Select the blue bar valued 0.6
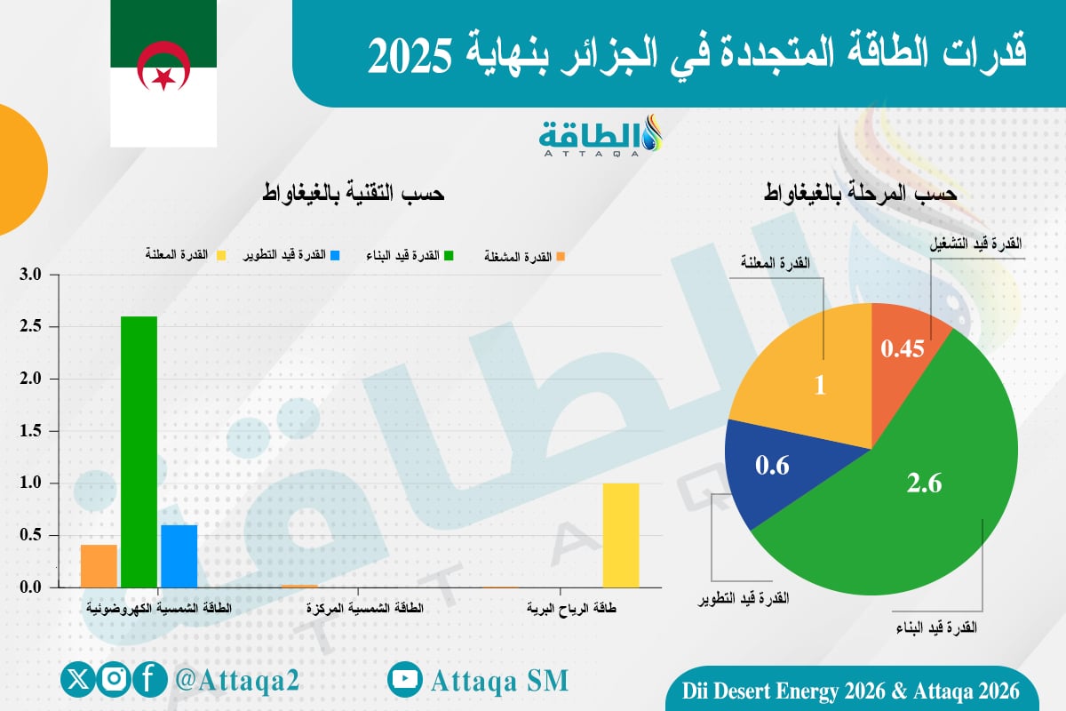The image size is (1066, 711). tap(179, 556)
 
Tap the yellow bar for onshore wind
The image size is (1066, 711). tap(620, 535)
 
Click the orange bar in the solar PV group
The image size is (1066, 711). tap(99, 566)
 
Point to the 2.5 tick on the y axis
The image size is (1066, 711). tap(31, 327)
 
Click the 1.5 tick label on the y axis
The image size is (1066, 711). tap(31, 431)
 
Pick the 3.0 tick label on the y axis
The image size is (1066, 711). tap(31, 275)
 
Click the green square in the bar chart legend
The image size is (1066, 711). tap(449, 256)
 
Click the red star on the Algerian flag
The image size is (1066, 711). tap(163, 78)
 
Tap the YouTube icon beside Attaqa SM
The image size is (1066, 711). tap(405, 680)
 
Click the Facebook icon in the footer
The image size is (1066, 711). tap(150, 680)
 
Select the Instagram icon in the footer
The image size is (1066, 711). tap(115, 680)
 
